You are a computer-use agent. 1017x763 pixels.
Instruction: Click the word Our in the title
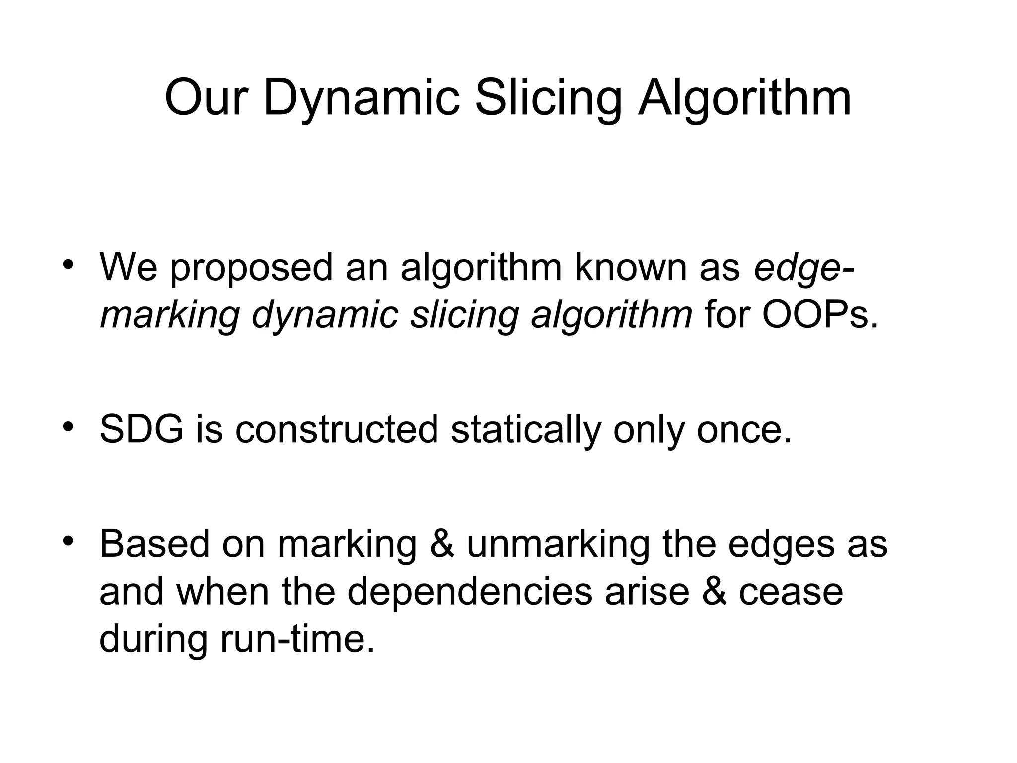tap(205, 98)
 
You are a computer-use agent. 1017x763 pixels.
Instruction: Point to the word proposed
tap(251, 268)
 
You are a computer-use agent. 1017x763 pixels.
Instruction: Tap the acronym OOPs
tap(820, 315)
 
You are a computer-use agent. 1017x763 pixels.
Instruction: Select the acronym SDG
tap(141, 429)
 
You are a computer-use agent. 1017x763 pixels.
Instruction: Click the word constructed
tap(337, 429)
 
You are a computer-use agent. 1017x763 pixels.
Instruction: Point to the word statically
tap(525, 430)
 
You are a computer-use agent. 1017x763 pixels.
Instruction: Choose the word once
tap(743, 429)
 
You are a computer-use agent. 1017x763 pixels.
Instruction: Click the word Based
tap(154, 544)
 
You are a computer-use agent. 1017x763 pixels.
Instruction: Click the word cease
tap(791, 593)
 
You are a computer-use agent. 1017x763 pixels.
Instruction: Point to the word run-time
tap(297, 639)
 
